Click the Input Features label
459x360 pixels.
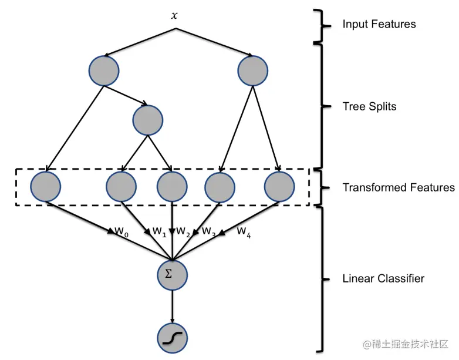pos(379,24)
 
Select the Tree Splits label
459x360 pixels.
pos(369,106)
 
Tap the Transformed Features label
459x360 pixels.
pos(398,187)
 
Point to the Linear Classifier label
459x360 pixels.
pos(383,278)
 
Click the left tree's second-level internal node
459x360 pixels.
pos(147,119)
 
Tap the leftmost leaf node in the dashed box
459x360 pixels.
pos(46,187)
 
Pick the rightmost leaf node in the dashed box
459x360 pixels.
pos(279,187)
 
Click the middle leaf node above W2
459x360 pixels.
pos(172,187)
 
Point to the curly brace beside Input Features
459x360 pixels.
pos(319,25)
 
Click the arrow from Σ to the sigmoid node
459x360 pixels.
pos(172,305)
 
